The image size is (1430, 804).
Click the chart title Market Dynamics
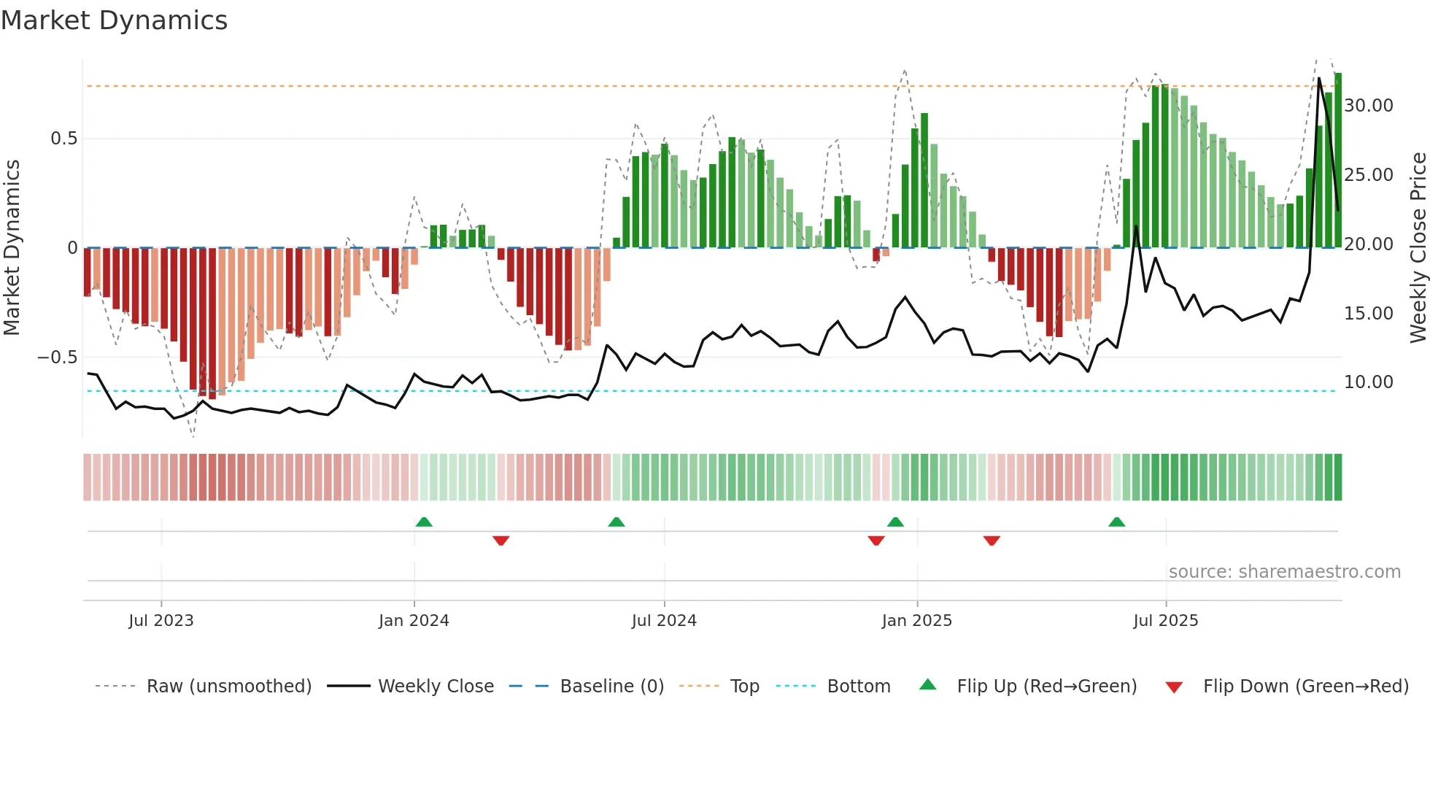(x=115, y=20)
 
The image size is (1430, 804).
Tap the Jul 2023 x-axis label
(x=161, y=621)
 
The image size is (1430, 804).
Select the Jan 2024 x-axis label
(x=414, y=621)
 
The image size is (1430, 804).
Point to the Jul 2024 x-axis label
(x=664, y=621)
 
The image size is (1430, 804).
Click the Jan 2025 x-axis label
(x=916, y=621)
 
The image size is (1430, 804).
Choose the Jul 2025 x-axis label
(x=1165, y=621)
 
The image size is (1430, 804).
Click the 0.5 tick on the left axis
(x=63, y=139)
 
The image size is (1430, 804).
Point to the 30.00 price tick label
(x=1368, y=106)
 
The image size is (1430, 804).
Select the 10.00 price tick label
(x=1368, y=382)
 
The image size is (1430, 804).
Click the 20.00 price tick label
(x=1368, y=244)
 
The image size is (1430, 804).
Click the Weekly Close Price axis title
(x=1418, y=248)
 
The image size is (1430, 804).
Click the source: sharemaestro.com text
(x=1284, y=572)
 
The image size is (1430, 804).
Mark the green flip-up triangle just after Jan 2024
(x=424, y=522)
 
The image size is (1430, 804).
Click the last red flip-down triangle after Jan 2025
(x=992, y=541)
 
